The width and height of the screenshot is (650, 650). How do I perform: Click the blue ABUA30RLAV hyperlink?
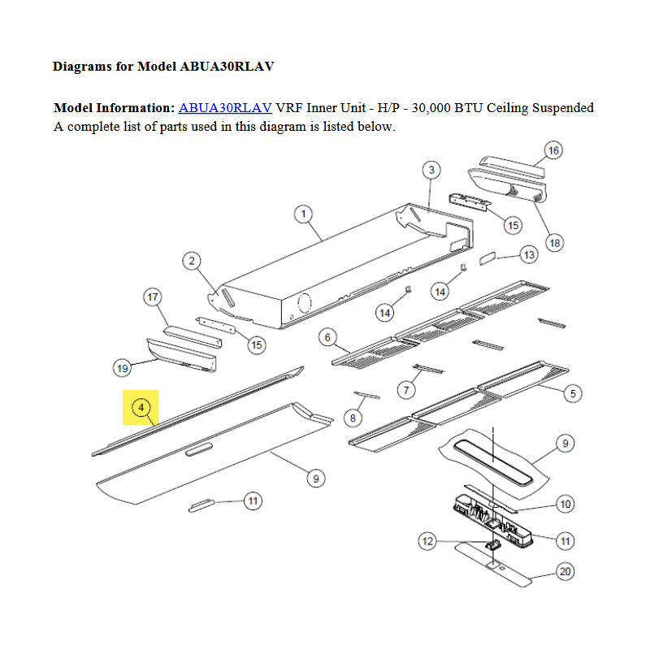pyautogui.click(x=225, y=108)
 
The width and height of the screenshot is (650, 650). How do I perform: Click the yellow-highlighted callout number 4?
pyautogui.click(x=141, y=408)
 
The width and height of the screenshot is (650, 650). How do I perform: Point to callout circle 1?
pyautogui.click(x=303, y=214)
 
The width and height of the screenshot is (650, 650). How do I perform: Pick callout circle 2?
pyautogui.click(x=192, y=261)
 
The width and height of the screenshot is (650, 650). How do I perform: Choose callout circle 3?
pyautogui.click(x=431, y=170)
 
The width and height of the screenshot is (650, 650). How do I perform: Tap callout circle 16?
pyautogui.click(x=553, y=150)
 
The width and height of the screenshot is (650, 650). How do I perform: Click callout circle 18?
pyautogui.click(x=555, y=243)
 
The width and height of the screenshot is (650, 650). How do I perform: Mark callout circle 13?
pyautogui.click(x=530, y=254)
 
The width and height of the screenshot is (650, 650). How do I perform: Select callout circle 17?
pyautogui.click(x=153, y=297)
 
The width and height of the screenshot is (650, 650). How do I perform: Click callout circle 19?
pyautogui.click(x=123, y=368)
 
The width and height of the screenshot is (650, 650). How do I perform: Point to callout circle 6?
pyautogui.click(x=327, y=337)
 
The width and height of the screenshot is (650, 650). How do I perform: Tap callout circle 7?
pyautogui.click(x=406, y=390)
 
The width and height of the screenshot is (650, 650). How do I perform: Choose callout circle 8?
pyautogui.click(x=353, y=418)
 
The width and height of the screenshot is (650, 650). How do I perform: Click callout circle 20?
pyautogui.click(x=565, y=572)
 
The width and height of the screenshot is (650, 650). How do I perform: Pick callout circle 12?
pyautogui.click(x=427, y=541)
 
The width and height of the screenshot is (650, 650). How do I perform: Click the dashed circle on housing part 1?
pyautogui.click(x=304, y=303)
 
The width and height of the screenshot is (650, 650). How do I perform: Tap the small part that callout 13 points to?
pyautogui.click(x=487, y=258)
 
